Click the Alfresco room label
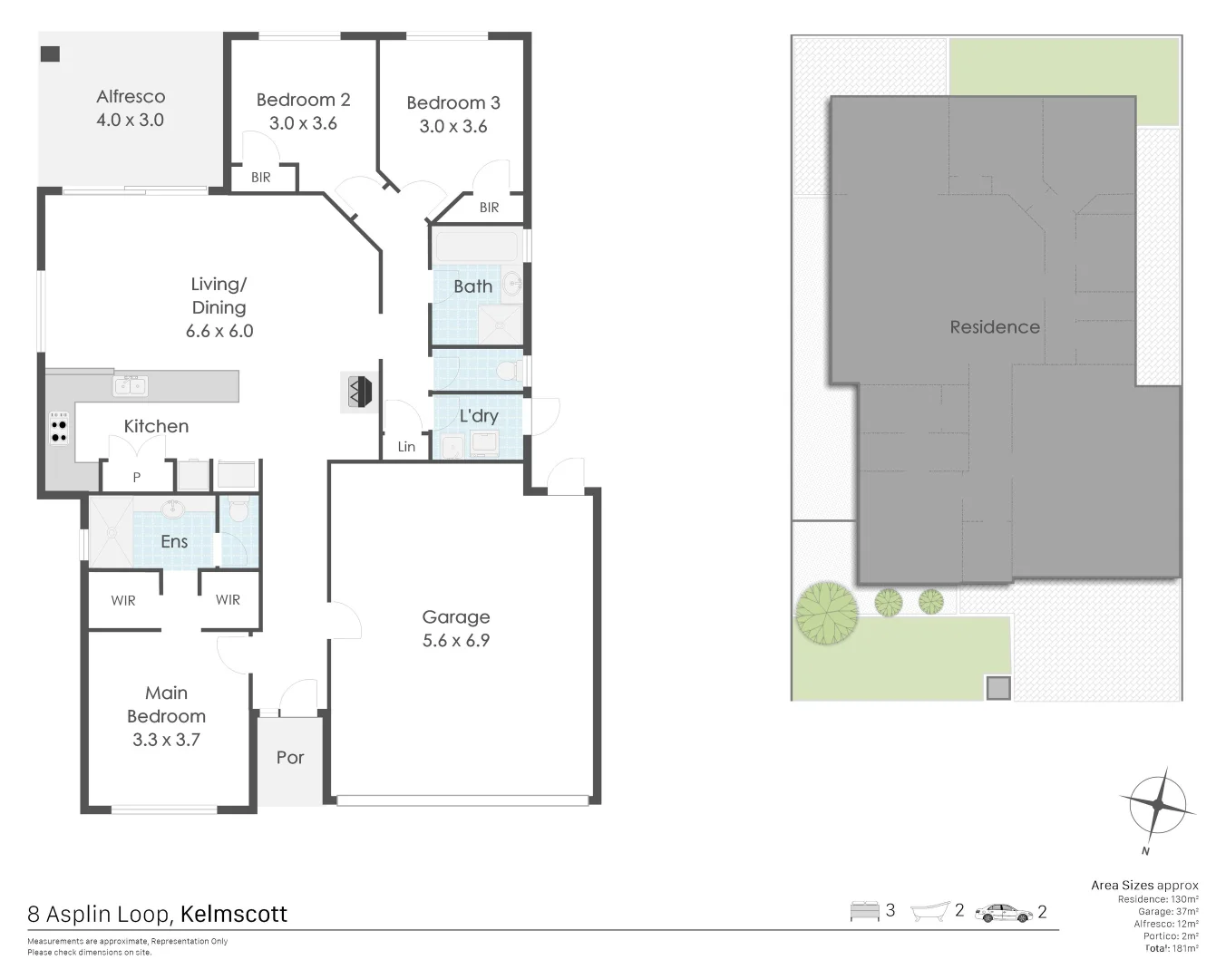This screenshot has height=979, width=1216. (131, 96)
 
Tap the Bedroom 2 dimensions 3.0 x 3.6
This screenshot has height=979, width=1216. (302, 123)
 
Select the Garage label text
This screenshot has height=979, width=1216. (455, 617)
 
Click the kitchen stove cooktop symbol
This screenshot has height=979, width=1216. (59, 429)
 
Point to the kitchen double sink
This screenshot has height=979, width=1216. (131, 386)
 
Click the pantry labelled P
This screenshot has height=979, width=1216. (136, 477)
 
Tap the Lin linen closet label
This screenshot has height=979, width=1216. (406, 447)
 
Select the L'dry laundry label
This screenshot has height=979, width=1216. (478, 416)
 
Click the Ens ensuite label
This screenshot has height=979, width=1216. (174, 542)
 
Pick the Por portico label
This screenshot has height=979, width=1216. (290, 758)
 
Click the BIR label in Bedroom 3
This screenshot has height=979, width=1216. (489, 208)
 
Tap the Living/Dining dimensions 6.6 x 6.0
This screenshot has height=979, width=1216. (219, 332)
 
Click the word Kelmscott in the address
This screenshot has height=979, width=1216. (234, 914)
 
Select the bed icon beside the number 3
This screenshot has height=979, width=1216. (864, 911)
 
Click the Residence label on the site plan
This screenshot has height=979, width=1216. (994, 327)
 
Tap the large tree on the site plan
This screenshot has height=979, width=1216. (826, 612)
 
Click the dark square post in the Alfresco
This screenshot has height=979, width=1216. (51, 54)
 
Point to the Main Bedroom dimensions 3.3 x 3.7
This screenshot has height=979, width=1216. (166, 740)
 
